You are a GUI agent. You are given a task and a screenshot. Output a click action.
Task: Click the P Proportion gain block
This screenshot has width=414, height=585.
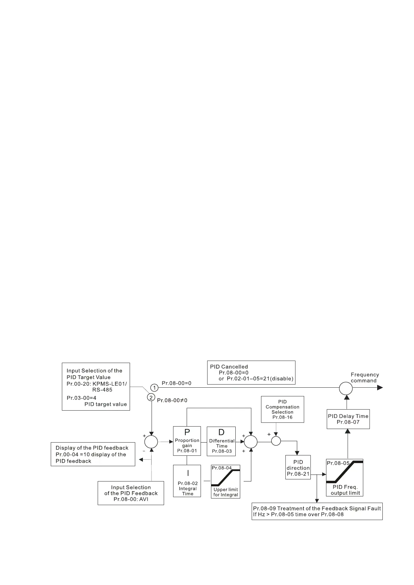(187, 441)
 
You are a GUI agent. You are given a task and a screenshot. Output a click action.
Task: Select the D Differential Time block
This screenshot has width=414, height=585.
(221, 441)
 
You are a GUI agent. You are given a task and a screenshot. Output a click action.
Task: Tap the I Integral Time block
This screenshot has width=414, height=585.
(187, 481)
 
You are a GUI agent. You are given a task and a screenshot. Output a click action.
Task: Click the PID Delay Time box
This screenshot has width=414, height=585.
(348, 419)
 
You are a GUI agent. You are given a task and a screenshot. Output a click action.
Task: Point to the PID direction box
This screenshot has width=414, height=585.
(298, 468)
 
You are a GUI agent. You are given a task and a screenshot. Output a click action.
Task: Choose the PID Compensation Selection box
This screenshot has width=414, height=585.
(282, 409)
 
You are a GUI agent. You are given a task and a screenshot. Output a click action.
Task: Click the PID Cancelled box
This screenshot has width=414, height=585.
(251, 372)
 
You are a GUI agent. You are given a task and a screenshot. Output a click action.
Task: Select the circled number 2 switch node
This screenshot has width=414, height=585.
(151, 397)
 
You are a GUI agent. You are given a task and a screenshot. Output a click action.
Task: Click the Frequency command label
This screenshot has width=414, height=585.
(365, 378)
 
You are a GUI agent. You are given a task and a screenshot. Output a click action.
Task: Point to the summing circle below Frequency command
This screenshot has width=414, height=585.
(346, 388)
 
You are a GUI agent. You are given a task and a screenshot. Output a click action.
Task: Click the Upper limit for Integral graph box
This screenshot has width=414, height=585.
(226, 481)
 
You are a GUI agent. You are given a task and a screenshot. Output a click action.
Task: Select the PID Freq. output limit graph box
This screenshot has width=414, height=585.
(344, 477)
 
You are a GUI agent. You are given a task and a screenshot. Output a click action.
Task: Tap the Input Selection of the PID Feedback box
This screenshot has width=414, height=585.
(131, 493)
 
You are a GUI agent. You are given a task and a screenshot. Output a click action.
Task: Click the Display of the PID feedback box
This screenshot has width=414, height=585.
(93, 454)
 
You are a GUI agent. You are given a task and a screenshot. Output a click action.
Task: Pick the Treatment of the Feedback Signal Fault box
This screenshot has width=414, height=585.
(317, 511)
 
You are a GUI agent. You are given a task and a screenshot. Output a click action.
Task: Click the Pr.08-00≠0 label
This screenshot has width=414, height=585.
(172, 400)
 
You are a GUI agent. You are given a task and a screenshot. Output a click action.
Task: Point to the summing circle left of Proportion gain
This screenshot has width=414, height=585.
(151, 442)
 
